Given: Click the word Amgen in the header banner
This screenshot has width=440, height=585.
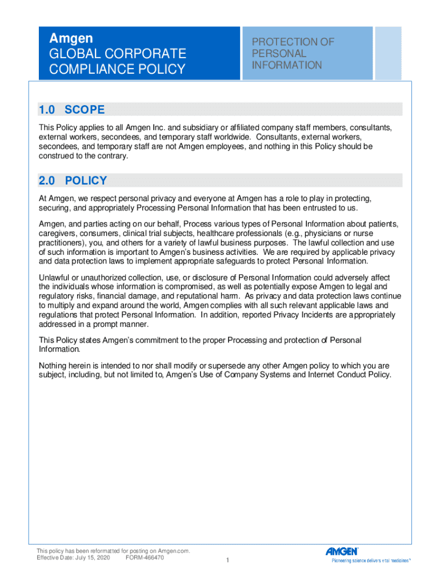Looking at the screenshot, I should (71, 39).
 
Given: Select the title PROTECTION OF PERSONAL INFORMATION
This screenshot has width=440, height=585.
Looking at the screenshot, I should (293, 54).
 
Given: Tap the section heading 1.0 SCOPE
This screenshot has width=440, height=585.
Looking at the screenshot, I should (71, 109).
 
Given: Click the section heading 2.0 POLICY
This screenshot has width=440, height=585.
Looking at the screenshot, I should (73, 181).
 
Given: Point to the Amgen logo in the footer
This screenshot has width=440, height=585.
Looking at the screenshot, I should (342, 551).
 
